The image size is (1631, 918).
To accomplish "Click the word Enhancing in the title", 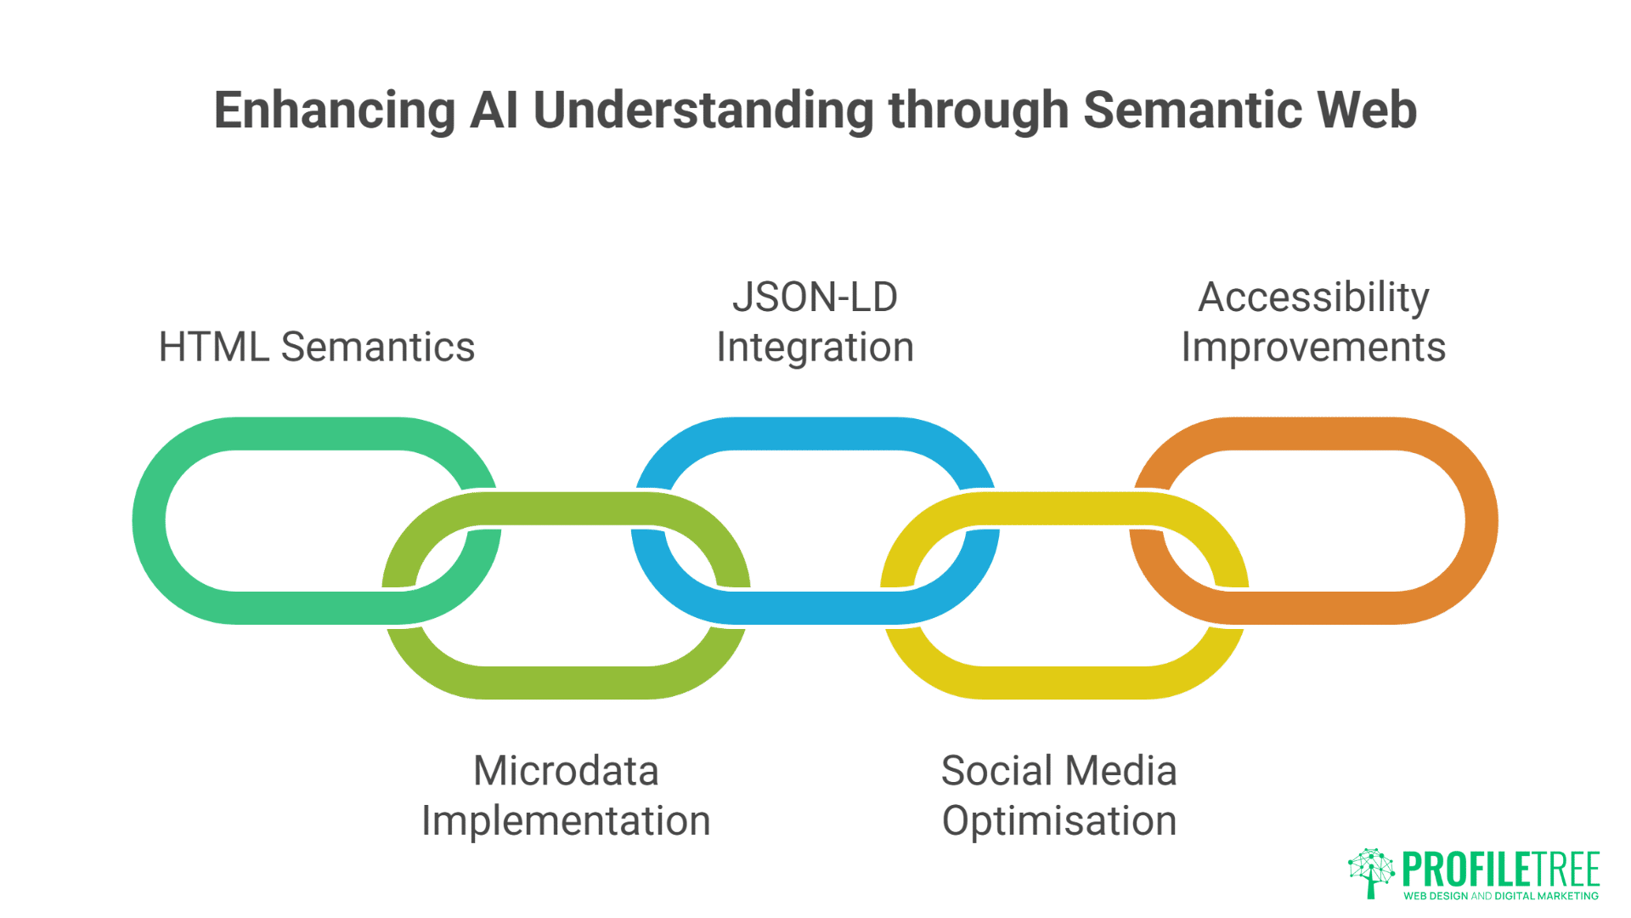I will pyautogui.click(x=335, y=110).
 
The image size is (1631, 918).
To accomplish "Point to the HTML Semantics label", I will pyautogui.click(x=316, y=347).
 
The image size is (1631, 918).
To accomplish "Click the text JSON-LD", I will pyautogui.click(x=815, y=297).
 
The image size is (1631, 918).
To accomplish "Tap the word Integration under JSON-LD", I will pyautogui.click(x=815, y=348).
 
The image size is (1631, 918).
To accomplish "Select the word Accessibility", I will pyautogui.click(x=1313, y=297).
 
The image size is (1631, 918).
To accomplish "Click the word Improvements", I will pyautogui.click(x=1313, y=348).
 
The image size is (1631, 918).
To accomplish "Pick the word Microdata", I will pyautogui.click(x=566, y=771).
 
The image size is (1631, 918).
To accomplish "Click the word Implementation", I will pyautogui.click(x=566, y=821).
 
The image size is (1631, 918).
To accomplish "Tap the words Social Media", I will pyautogui.click(x=1058, y=771).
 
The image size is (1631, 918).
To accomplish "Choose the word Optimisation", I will pyautogui.click(x=1058, y=821).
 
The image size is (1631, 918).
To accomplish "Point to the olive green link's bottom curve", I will pyautogui.click(x=566, y=683).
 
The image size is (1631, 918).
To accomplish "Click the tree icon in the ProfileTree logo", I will pyautogui.click(x=1370, y=872).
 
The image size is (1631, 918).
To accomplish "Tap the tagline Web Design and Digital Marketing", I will pyautogui.click(x=1500, y=896).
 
